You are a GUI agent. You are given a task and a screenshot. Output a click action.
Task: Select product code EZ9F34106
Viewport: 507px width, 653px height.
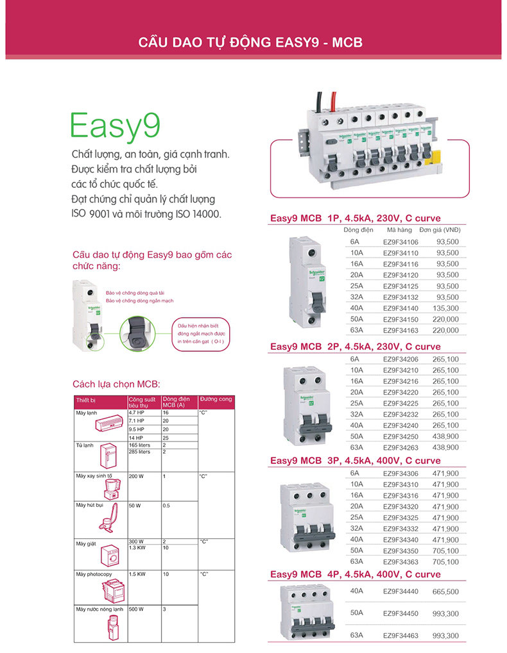pos(400,242)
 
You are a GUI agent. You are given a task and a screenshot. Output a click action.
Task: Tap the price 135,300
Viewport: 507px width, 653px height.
pos(446,308)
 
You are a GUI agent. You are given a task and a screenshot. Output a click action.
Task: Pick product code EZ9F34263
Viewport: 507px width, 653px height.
pos(400,447)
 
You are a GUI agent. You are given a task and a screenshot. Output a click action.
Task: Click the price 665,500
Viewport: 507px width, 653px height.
pos(446,591)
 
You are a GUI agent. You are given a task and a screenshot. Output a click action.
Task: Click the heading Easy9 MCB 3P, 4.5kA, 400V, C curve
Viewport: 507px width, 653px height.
pos(355,460)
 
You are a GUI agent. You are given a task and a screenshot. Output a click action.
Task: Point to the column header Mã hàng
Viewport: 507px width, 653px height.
pos(399,230)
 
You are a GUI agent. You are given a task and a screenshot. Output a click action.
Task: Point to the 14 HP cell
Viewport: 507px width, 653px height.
pos(136,437)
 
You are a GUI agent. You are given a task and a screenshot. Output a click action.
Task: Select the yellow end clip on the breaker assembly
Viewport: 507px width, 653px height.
pos(434,158)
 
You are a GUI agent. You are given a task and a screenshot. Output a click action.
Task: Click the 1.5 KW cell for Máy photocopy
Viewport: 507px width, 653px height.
pos(137,574)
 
